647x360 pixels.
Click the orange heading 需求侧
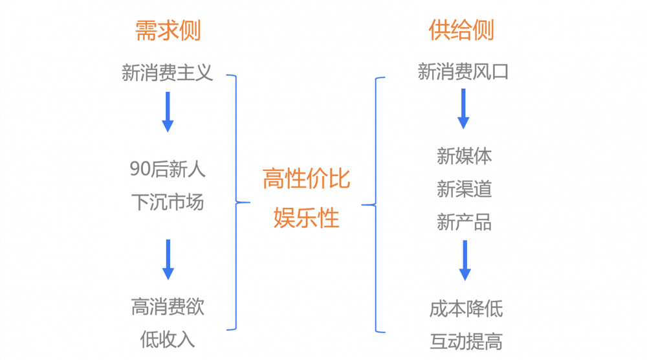pyautogui.click(x=168, y=30)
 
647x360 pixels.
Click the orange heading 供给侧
pyautogui.click(x=462, y=30)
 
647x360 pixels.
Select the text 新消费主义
pyautogui.click(x=168, y=72)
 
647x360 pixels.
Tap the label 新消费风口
pyautogui.click(x=463, y=71)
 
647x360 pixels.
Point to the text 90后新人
pyautogui.click(x=168, y=170)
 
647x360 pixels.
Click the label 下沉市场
pyautogui.click(x=168, y=202)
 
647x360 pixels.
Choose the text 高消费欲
pyautogui.click(x=168, y=306)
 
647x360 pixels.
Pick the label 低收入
pyautogui.click(x=168, y=339)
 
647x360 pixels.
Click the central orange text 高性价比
pyautogui.click(x=307, y=179)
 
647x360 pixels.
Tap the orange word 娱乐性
pyautogui.click(x=307, y=218)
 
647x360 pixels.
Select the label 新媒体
pyautogui.click(x=464, y=156)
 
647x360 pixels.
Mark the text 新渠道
pyautogui.click(x=464, y=189)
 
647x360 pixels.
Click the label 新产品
pyautogui.click(x=464, y=223)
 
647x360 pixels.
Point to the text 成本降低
pyautogui.click(x=465, y=308)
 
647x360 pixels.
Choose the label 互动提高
pyautogui.click(x=465, y=341)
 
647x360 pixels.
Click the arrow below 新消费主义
pyautogui.click(x=168, y=112)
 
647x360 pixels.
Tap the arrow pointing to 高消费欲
pyautogui.click(x=168, y=260)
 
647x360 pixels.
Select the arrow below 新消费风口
pyautogui.click(x=463, y=109)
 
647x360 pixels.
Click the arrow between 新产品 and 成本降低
pyautogui.click(x=465, y=260)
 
